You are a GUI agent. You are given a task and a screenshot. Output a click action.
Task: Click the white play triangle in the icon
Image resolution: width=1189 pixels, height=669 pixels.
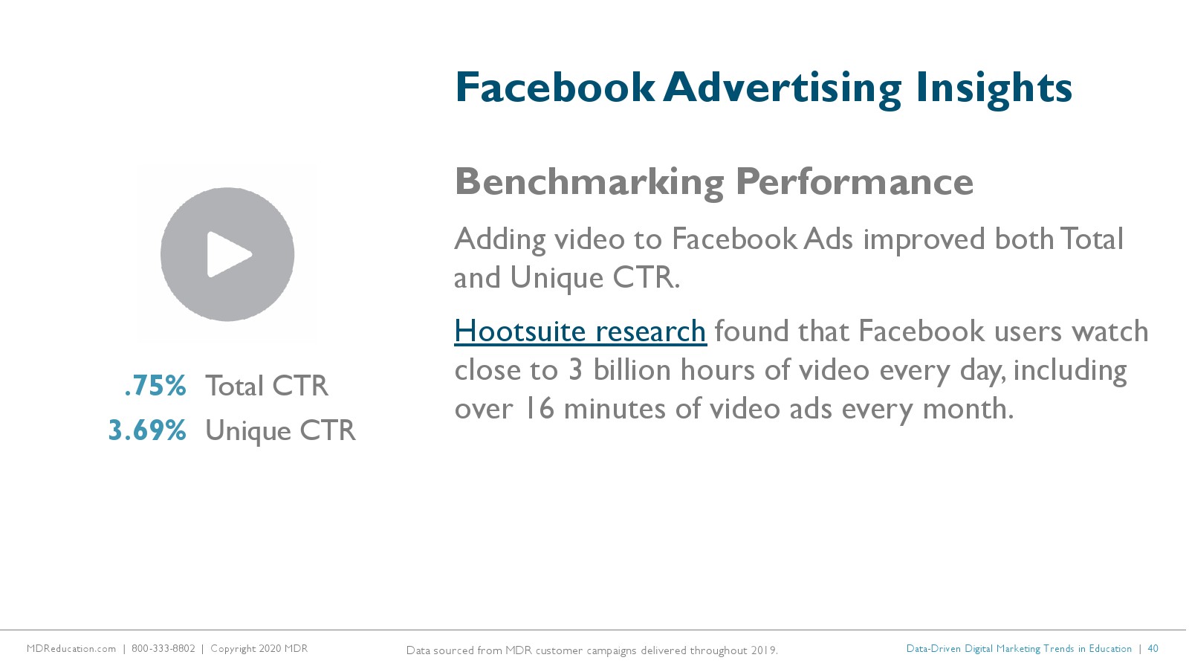[228, 254]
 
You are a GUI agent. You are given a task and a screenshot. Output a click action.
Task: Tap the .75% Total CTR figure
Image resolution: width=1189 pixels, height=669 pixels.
[155, 386]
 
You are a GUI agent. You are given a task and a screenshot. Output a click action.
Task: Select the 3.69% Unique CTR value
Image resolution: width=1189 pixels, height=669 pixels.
[147, 430]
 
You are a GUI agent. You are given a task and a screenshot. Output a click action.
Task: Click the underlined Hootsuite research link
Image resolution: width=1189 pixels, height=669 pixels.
[580, 332]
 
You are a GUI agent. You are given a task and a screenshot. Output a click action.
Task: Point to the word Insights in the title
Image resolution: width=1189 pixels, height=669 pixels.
[994, 88]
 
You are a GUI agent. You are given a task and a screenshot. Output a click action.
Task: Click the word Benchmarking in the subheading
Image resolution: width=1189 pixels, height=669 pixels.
[589, 183]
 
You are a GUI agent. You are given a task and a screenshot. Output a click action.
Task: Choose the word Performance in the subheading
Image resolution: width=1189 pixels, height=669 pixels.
[854, 182]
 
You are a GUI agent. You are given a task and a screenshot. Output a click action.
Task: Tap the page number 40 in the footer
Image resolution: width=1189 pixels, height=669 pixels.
[1153, 648]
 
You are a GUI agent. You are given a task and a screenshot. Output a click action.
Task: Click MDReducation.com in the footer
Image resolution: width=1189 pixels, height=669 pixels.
[71, 649]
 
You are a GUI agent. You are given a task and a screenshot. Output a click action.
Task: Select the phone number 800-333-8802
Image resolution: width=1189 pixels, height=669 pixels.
[163, 649]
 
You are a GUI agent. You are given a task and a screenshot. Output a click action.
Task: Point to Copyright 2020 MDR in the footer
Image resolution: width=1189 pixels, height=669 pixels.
[259, 649]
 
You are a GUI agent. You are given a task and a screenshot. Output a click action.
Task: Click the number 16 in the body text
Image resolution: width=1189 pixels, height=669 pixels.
[540, 409]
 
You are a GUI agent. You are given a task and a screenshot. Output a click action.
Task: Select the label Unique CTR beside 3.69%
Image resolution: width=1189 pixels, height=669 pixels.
[280, 430]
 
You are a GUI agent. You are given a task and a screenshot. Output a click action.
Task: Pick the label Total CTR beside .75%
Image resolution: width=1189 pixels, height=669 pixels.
[267, 386]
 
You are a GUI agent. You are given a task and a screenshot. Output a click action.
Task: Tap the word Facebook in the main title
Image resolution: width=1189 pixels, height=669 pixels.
[554, 88]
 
